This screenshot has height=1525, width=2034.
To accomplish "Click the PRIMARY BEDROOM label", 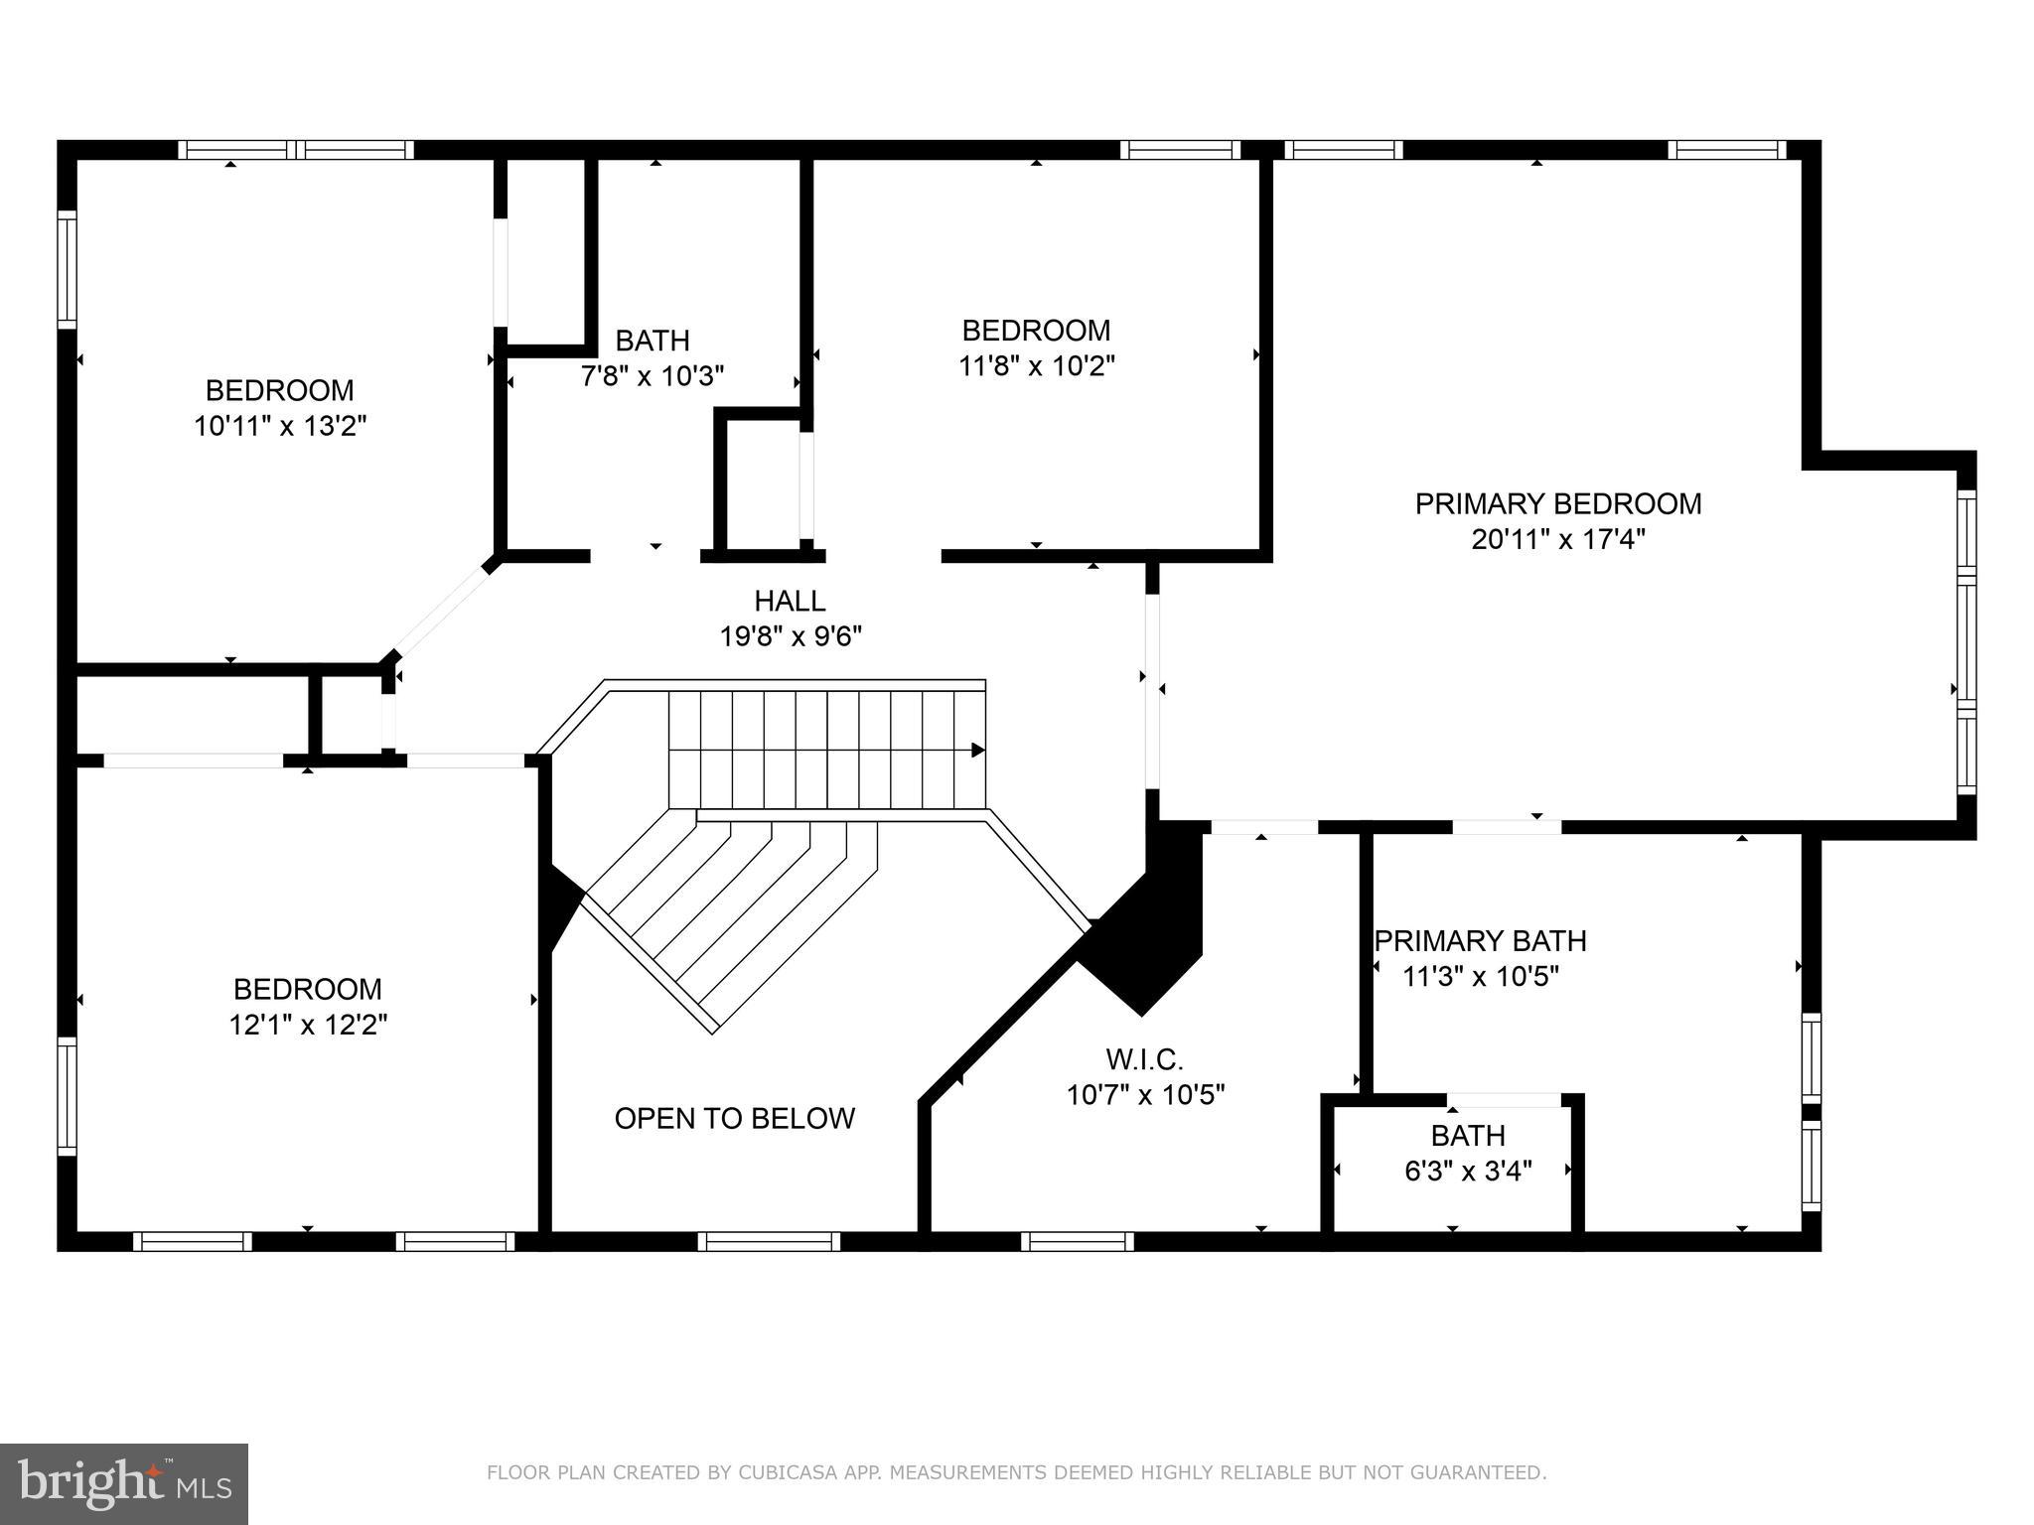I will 1557,504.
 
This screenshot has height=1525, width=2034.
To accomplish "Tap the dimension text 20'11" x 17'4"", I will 1557,540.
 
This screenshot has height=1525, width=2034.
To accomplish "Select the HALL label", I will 790,601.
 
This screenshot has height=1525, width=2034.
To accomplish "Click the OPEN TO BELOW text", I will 734,1119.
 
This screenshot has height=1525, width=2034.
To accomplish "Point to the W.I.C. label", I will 1144,1059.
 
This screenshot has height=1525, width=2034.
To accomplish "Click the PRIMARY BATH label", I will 1480,941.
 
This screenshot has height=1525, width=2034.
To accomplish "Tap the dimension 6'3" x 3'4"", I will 1468,1172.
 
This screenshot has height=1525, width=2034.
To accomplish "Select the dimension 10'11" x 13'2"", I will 280,427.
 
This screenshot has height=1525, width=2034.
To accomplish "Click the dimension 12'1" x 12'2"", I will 308,1025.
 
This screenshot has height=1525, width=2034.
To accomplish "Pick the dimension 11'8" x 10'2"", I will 1036,366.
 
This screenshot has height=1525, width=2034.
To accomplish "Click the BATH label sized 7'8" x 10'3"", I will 653,342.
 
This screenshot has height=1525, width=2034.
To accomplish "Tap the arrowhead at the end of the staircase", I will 977,750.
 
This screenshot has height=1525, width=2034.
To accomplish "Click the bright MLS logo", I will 124,1484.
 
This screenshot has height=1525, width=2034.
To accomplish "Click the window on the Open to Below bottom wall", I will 769,1241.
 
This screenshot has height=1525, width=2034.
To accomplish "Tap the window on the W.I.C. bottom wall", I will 1078,1241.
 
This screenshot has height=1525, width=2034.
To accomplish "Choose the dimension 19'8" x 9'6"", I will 790,636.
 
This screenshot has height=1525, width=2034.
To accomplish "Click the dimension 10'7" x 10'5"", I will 1144,1095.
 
